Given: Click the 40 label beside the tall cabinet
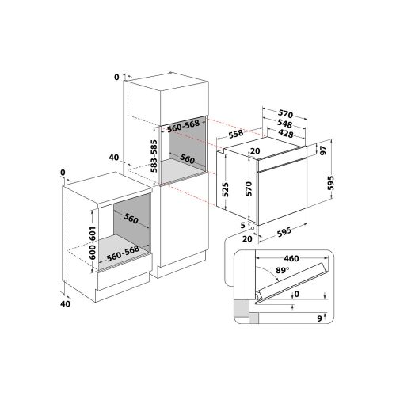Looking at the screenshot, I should [x=113, y=158].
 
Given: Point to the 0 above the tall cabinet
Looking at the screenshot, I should [x=116, y=77].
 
